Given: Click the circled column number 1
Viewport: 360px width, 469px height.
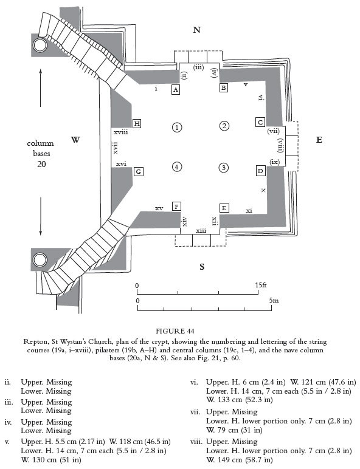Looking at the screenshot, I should (176, 128).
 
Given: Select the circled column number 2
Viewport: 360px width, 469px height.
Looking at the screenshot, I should (224, 126).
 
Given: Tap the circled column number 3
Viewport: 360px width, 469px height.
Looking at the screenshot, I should (224, 167).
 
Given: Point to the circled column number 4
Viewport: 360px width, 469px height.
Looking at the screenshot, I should (176, 166).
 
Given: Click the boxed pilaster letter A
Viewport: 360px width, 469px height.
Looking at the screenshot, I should (176, 89).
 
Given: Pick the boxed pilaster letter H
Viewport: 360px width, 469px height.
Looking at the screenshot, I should (137, 124).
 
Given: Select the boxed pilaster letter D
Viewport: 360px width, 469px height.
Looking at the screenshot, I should (260, 171).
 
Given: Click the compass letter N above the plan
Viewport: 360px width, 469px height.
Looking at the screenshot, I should (196, 30).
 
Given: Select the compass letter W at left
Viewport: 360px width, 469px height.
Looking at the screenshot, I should (75, 140).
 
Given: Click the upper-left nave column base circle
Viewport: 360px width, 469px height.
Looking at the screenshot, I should (40, 45).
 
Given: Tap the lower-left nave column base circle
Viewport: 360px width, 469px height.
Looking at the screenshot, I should (40, 260).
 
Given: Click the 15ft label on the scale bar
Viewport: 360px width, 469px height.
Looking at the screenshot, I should (261, 285).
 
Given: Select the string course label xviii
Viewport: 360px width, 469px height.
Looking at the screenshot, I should (120, 131).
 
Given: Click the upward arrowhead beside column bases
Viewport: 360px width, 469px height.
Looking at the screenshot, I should (40, 72).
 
